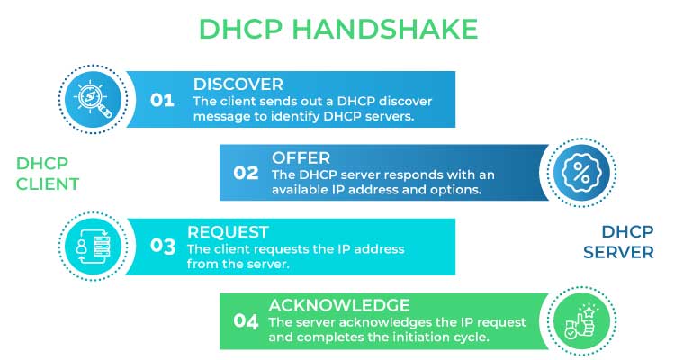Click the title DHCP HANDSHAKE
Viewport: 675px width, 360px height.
(337, 29)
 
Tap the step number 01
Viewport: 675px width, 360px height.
(162, 100)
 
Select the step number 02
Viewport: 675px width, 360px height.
(246, 173)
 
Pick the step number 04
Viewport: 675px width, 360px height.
(246, 319)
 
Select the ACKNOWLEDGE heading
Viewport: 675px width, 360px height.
(339, 304)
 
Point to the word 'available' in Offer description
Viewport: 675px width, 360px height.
(304, 191)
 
